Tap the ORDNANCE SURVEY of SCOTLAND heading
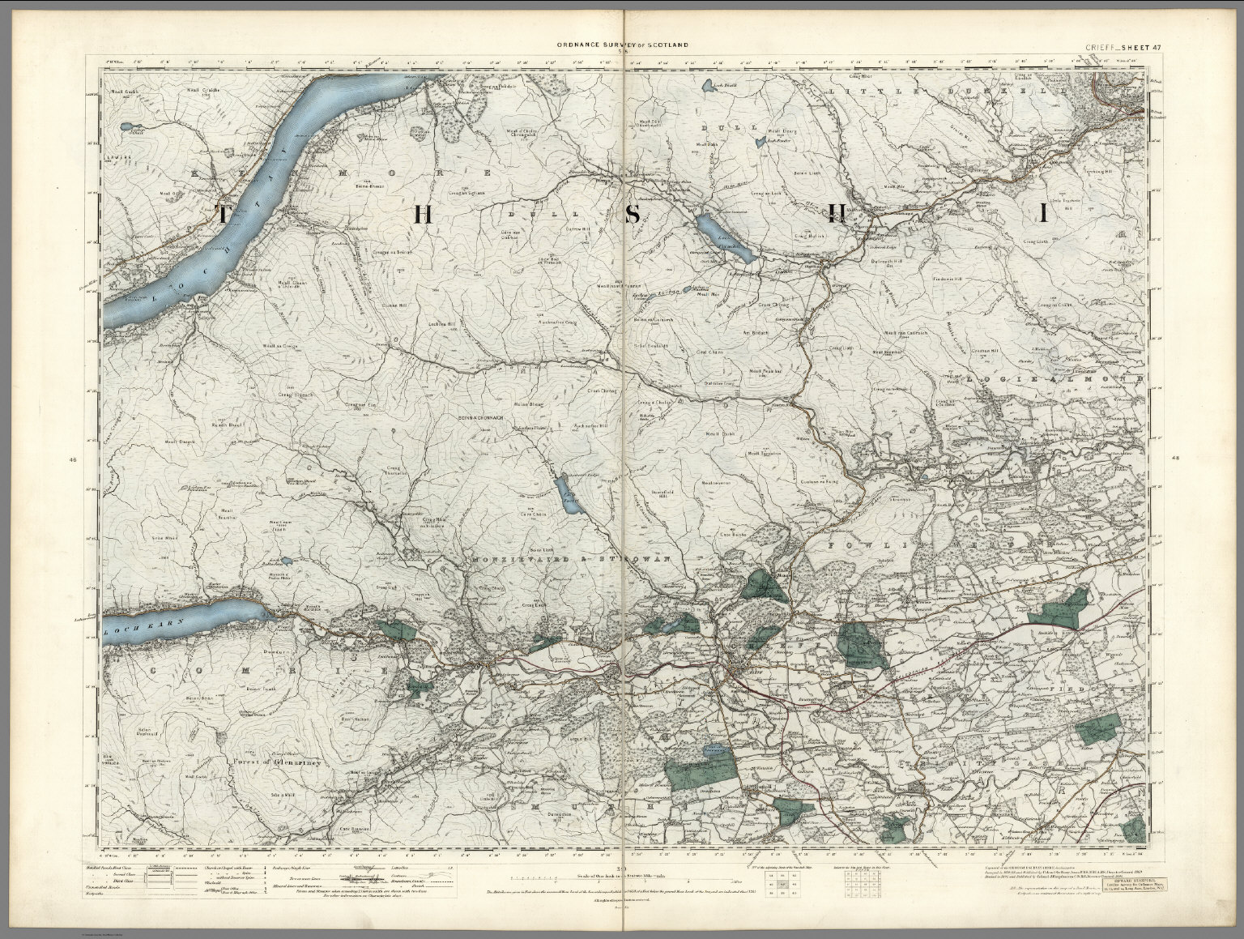621,45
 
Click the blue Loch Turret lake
562,492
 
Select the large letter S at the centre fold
636,214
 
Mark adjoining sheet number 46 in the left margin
73,460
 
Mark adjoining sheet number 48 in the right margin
1175,460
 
